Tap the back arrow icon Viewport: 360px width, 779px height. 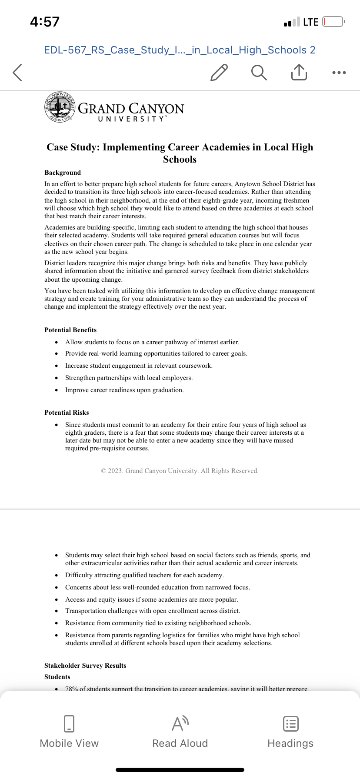[17, 73]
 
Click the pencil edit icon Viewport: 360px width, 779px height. [219, 73]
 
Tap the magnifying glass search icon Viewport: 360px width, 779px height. [259, 73]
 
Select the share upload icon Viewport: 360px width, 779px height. [299, 73]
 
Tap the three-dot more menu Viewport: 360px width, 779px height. [339, 73]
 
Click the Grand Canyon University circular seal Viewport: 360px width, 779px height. [60, 107]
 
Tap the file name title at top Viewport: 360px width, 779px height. [180, 50]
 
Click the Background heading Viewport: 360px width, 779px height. [63, 173]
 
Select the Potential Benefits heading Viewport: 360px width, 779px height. [70, 330]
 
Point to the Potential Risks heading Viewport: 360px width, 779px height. [67, 413]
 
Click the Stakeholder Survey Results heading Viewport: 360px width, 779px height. [85, 666]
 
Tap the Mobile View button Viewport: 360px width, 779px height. [69, 732]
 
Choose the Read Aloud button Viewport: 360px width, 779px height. [180, 732]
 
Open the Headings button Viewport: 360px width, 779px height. [290, 732]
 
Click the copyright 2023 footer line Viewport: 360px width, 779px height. [180, 471]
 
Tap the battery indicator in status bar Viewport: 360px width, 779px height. [333, 22]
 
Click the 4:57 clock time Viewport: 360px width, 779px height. [45, 22]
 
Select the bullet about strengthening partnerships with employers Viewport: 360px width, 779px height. [129, 378]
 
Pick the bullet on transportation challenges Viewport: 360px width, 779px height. [153, 611]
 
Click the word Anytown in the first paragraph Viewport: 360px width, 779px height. [247, 184]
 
